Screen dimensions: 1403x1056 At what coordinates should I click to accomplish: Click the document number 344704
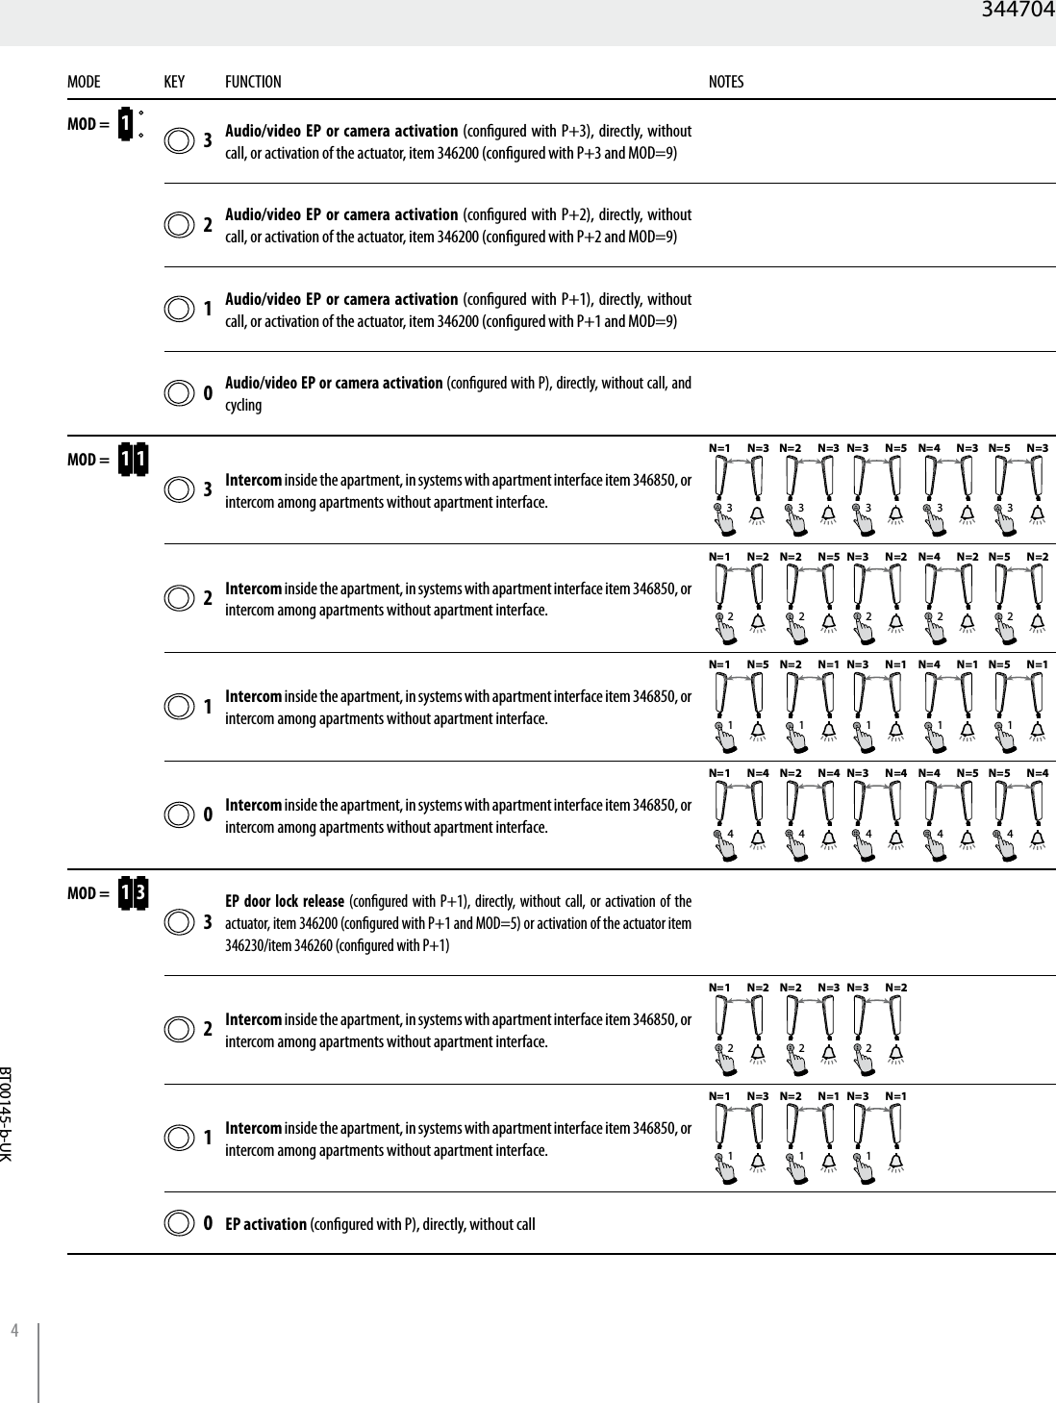(1018, 12)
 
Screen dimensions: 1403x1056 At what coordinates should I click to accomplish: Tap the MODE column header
(84, 83)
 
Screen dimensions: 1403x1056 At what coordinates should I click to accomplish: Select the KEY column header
(174, 83)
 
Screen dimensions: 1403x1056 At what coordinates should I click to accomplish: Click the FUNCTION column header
(253, 83)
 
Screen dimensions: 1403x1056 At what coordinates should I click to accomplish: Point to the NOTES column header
(726, 83)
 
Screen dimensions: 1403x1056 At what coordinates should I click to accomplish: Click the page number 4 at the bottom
(14, 1331)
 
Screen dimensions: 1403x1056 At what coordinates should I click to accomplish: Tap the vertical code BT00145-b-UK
(7, 1112)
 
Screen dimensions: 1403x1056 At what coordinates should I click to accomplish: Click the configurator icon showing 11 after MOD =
(133, 460)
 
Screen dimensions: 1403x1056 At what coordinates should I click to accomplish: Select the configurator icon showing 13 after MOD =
(133, 893)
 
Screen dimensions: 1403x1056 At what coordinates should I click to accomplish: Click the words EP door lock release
(285, 902)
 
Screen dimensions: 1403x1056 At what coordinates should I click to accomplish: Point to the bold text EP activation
(266, 1224)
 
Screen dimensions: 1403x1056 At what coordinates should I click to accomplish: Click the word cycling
(243, 405)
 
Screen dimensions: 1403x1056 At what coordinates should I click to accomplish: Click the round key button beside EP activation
(179, 1224)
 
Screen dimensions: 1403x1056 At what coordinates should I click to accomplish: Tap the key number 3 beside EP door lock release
(208, 922)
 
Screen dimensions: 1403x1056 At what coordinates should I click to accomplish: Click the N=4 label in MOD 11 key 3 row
(929, 448)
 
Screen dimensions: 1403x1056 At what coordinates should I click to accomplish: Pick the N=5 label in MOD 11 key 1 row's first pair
(758, 664)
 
